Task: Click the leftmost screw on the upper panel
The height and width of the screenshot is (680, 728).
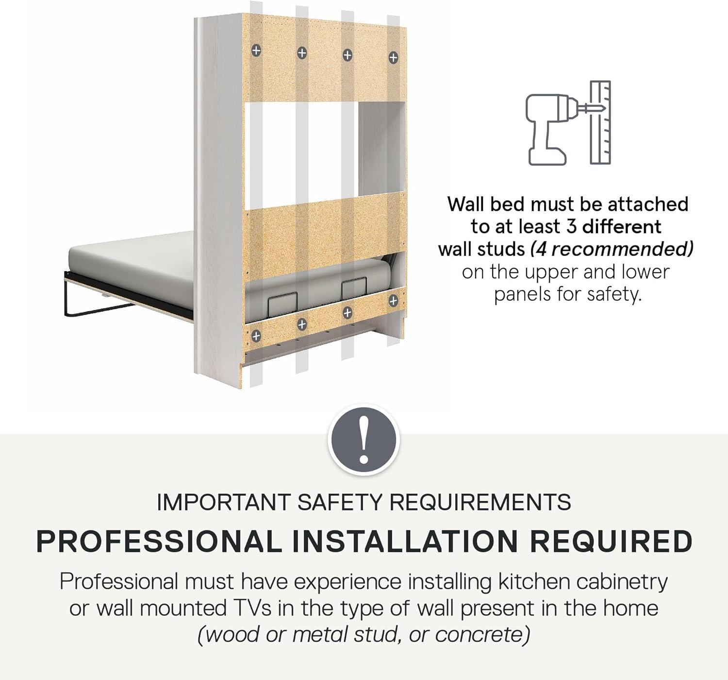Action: [256, 50]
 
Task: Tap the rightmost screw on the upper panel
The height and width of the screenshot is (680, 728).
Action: [393, 57]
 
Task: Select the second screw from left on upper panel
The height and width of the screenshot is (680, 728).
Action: [302, 53]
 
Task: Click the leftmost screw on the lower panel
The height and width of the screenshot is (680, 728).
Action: [256, 336]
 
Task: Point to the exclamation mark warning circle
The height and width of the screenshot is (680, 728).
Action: [363, 440]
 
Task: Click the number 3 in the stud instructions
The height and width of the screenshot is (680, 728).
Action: [571, 227]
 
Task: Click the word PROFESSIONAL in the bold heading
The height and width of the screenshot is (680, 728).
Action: [159, 542]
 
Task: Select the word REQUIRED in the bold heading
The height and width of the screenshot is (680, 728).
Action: [611, 542]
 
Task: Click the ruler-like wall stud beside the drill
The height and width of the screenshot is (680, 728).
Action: [600, 122]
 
